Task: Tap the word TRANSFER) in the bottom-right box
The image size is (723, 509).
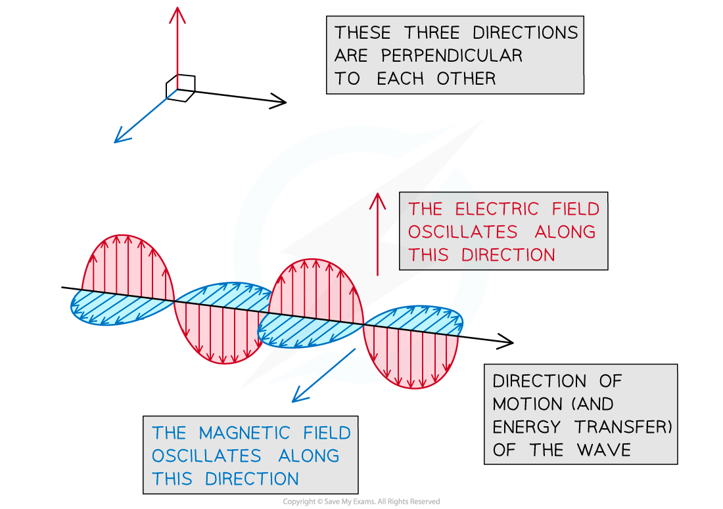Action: [623, 428]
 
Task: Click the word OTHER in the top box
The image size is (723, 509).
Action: [466, 79]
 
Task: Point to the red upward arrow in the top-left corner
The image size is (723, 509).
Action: [177, 46]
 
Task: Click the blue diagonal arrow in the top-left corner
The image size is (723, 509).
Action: [145, 116]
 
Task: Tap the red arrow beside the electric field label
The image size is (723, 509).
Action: [377, 233]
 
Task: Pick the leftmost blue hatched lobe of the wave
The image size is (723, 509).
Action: [122, 307]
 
